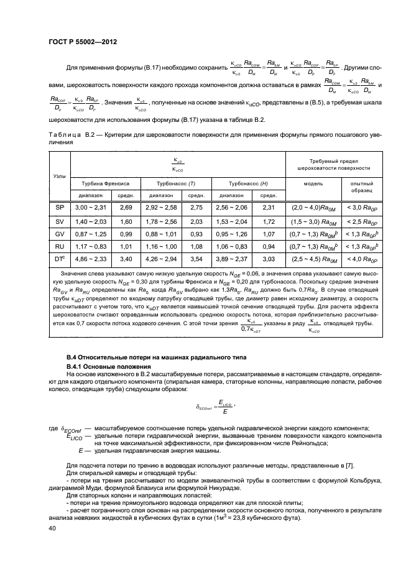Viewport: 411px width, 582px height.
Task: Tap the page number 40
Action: [52, 527]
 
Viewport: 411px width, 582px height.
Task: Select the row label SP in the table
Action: [60, 206]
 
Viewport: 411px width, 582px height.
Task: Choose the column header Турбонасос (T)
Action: [177, 184]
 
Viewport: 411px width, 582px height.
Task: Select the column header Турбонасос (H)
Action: [247, 184]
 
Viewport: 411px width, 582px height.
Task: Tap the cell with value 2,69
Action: [126, 206]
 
